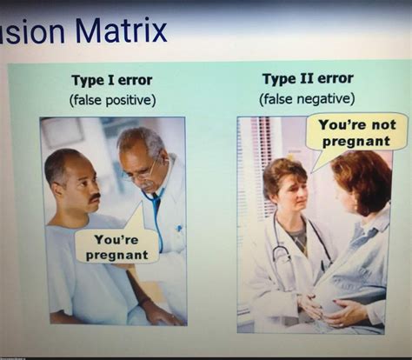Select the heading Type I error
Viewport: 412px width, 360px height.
(x=112, y=81)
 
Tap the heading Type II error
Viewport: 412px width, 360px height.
(x=308, y=79)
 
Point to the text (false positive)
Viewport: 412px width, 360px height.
(x=112, y=100)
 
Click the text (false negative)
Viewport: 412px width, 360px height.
(x=308, y=98)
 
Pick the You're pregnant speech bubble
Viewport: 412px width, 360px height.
(x=116, y=245)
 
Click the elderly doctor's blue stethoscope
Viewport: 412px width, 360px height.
(x=156, y=217)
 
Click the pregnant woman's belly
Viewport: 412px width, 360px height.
(x=343, y=291)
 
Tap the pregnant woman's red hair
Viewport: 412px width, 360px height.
(x=365, y=174)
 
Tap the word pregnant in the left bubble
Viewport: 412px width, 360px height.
(x=116, y=255)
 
